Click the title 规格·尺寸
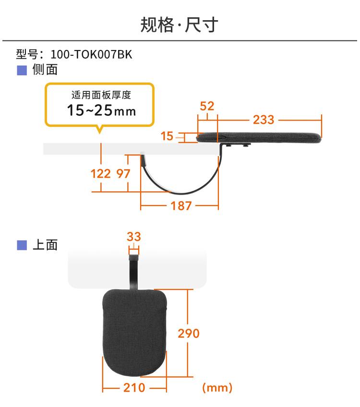180,25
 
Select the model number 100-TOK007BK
91,55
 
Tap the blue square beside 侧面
22,71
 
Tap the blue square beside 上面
22,245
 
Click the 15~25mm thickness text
101,111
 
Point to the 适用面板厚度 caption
101,95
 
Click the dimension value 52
207,106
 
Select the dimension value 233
264,119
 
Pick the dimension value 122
101,173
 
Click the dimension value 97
123,173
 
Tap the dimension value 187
181,206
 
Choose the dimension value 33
134,236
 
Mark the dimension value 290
188,333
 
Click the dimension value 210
134,387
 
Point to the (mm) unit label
217,387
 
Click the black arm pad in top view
135,332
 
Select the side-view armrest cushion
259,138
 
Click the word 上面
45,245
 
